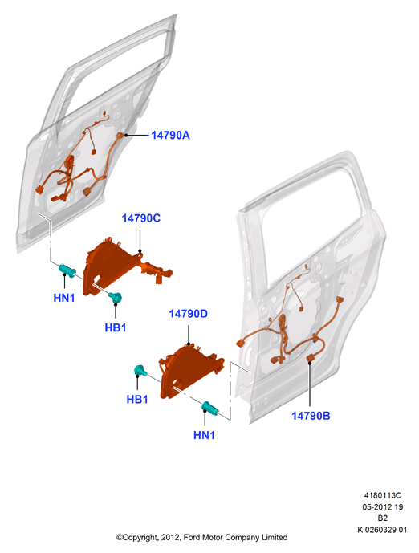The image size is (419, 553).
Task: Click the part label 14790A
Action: point(170,135)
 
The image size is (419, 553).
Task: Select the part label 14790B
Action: point(311,416)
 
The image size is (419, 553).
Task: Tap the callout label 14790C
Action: point(141,218)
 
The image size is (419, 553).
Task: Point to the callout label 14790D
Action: point(189,314)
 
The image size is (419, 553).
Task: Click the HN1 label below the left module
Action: point(64,298)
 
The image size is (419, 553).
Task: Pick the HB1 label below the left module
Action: point(116,327)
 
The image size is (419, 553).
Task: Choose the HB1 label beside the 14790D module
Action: point(136,399)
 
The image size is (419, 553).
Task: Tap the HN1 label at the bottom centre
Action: point(204,435)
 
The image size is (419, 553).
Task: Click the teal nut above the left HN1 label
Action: point(67,270)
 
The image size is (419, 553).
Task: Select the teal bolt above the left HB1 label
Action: point(116,297)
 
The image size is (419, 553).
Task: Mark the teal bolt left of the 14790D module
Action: point(140,371)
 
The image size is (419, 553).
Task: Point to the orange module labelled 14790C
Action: point(112,265)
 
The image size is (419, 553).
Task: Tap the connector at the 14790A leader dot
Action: point(121,136)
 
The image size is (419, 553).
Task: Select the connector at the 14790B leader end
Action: point(311,357)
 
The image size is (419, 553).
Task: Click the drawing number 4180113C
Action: point(383,495)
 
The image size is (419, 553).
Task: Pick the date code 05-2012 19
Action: point(383,506)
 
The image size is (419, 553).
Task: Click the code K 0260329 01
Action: point(383,530)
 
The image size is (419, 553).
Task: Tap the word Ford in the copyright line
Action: point(192,537)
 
